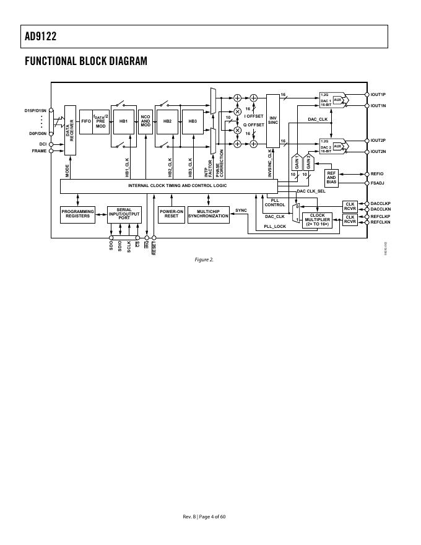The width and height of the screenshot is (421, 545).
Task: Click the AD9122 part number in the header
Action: click(41, 37)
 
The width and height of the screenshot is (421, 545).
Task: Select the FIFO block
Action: click(86, 121)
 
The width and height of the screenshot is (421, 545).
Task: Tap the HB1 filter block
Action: click(123, 121)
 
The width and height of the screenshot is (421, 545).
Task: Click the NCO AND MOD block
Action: click(145, 121)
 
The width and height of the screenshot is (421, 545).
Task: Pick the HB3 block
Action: click(193, 121)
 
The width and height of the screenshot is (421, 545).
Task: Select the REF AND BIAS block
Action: click(331, 178)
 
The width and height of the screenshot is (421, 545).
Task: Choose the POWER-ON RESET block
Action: click(171, 214)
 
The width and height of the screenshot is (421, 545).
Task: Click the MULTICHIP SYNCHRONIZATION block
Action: click(208, 214)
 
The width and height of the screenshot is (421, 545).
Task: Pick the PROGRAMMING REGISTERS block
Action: click(78, 214)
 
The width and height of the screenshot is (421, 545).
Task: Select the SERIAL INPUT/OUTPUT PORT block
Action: click(124, 214)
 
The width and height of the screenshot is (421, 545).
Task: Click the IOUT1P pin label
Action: click(378, 95)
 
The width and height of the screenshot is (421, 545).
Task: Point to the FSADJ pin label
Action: click(378, 183)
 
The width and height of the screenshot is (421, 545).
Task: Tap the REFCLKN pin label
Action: click(381, 222)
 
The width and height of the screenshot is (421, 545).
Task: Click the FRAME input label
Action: click(39, 150)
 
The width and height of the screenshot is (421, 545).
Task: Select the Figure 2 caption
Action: click(204, 259)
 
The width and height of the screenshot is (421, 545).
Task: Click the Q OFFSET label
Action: click(254, 124)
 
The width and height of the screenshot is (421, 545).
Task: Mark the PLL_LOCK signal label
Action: click(275, 227)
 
